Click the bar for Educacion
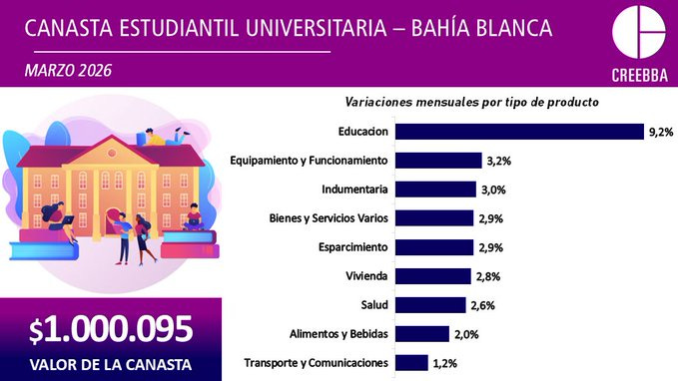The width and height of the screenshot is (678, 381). [x=518, y=131]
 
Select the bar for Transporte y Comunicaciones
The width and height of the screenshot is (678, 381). [x=412, y=363]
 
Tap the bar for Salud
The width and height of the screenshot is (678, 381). [x=430, y=305]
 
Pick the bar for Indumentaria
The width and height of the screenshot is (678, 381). [x=435, y=190]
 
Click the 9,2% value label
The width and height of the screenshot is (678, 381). [x=661, y=131]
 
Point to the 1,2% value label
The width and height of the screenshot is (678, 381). [x=446, y=363]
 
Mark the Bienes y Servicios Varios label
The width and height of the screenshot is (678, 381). [x=329, y=218]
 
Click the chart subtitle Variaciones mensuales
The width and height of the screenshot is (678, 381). [x=471, y=102]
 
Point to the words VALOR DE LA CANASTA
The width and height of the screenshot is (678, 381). [x=110, y=361]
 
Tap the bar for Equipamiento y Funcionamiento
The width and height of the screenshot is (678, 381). [x=438, y=161]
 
